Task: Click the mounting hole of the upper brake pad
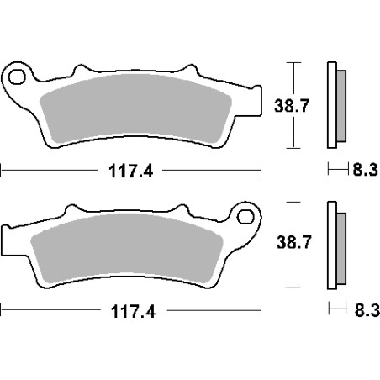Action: click(17, 77)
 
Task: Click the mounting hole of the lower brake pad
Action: click(245, 217)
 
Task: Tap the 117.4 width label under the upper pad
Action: click(130, 171)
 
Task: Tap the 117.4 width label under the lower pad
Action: click(133, 311)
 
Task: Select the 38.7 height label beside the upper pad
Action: click(292, 106)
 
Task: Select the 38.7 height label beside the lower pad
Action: click(293, 242)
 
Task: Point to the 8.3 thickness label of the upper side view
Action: click(365, 170)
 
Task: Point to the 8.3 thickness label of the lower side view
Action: click(367, 310)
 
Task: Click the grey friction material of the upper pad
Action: click(135, 108)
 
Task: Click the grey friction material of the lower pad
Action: click(127, 248)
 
